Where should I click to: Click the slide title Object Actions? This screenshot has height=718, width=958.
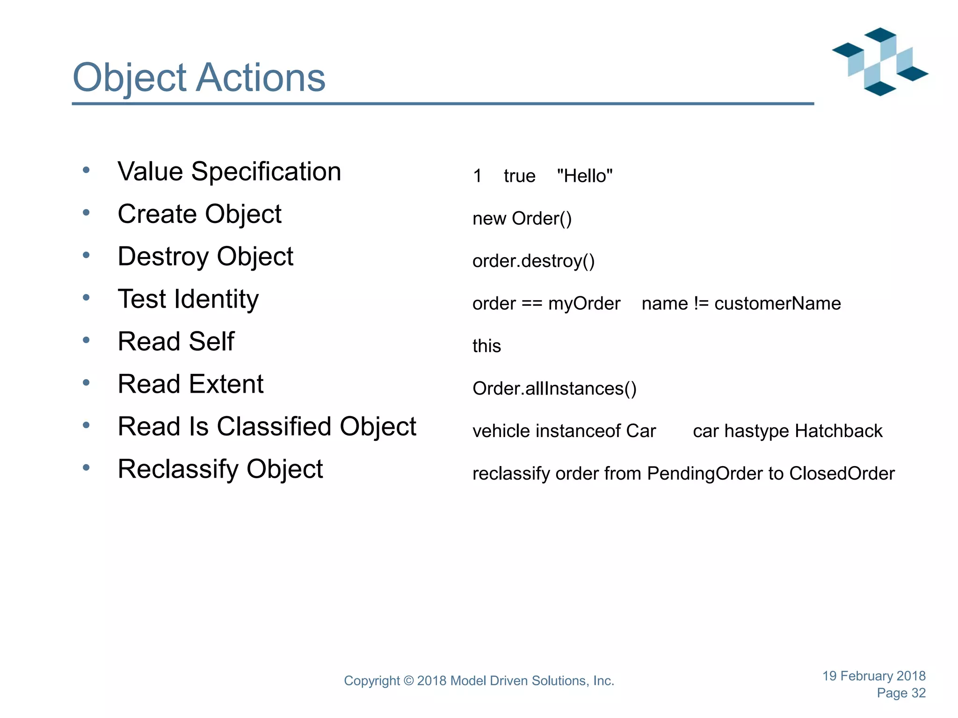[199, 78]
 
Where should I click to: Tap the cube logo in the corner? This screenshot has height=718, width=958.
[879, 62]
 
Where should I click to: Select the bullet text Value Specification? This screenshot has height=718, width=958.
[229, 172]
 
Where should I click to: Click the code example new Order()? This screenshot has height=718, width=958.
[522, 219]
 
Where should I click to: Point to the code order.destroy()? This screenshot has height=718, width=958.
[533, 261]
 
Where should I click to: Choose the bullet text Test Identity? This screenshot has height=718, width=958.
[188, 299]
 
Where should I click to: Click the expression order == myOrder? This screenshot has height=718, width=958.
[546, 304]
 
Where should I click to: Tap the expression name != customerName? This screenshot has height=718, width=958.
[741, 304]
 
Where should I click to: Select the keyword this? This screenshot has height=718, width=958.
[486, 346]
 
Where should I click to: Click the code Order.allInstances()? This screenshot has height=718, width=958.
[554, 389]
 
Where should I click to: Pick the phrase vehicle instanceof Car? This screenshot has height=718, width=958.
[564, 431]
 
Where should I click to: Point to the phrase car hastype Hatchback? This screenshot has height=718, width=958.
[787, 431]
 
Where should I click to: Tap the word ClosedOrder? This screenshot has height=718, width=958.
[842, 474]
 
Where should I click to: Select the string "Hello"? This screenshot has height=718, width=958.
[585, 176]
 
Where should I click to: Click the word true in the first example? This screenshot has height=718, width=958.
[519, 176]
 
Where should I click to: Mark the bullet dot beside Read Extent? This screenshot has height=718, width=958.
[86, 383]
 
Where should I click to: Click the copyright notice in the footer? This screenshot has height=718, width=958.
[479, 681]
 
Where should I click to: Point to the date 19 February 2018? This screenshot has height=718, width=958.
[873, 676]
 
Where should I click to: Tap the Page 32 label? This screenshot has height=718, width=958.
[901, 693]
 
